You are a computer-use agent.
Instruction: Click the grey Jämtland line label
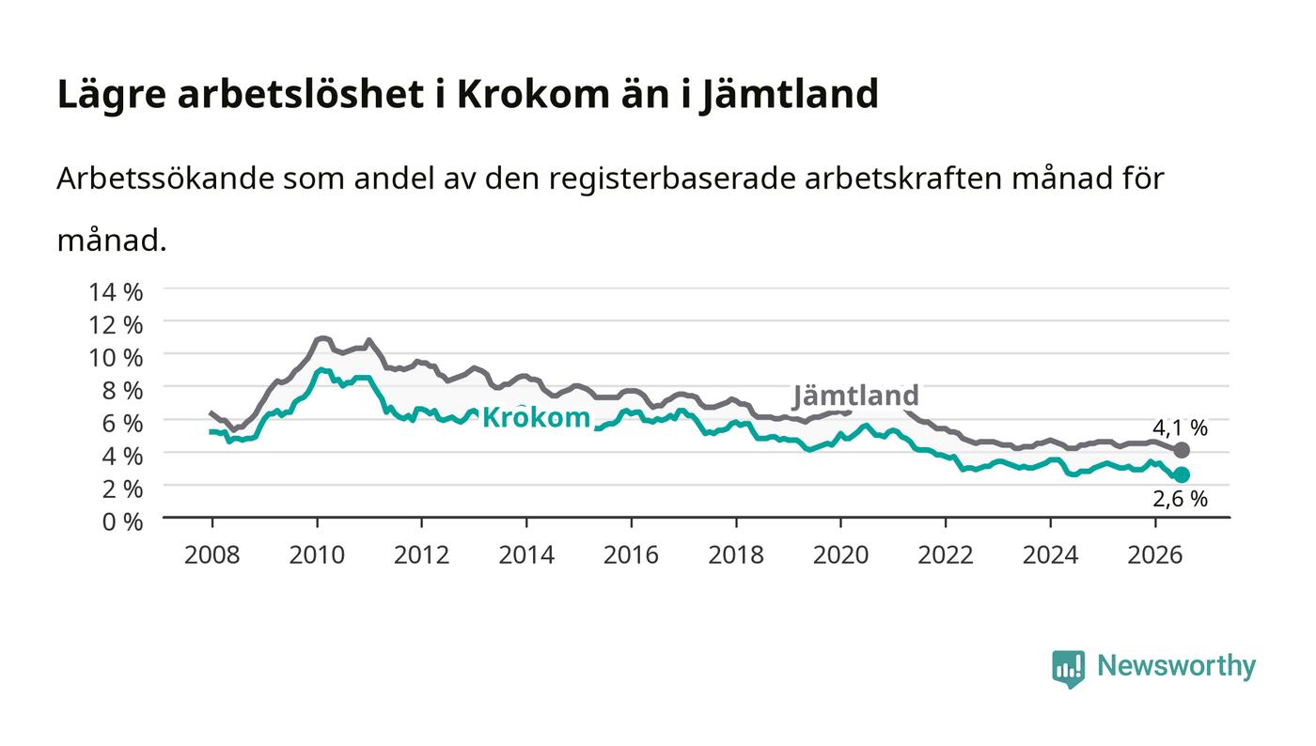click(855, 396)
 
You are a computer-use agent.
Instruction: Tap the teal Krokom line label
click(536, 418)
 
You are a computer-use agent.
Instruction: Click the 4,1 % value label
click(1180, 427)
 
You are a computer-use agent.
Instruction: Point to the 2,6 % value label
click(1180, 499)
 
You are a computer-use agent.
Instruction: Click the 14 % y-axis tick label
click(116, 292)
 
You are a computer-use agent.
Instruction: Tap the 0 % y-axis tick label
click(123, 521)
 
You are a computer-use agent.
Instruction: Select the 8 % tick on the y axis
click(123, 391)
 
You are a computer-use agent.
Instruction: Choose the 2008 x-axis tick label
click(212, 555)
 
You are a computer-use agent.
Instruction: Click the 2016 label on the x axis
click(631, 555)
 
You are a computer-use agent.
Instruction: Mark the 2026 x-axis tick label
click(1155, 555)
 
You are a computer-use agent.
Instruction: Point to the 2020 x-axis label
click(840, 555)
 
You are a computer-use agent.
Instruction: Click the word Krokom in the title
click(534, 94)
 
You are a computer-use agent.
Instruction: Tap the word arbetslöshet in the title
click(301, 94)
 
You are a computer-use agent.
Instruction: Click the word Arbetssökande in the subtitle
click(165, 179)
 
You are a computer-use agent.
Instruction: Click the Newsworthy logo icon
click(1068, 668)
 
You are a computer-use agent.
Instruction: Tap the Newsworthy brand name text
click(1176, 666)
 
